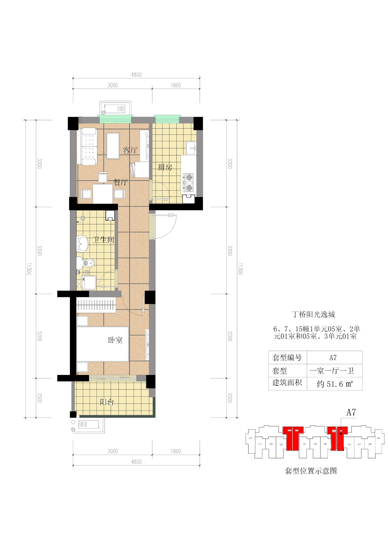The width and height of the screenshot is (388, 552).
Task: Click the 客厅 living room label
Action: coord(130,150)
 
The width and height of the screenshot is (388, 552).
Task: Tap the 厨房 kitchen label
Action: coord(165,167)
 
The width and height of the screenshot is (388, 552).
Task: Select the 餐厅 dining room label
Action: coord(120,182)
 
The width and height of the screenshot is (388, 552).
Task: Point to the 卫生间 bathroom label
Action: coord(104,240)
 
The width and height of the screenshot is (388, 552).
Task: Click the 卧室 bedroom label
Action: coord(115,340)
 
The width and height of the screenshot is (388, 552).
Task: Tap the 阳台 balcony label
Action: coord(107,402)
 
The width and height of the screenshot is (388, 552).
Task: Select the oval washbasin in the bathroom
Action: coord(83,244)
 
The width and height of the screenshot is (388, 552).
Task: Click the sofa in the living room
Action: coord(86,146)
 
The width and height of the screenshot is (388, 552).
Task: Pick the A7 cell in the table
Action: coord(333,357)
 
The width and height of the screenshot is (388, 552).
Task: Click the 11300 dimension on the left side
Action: coord(29,269)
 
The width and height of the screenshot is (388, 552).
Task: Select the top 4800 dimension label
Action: coord(136,75)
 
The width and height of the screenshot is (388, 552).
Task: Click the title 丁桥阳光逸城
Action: coord(314,314)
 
